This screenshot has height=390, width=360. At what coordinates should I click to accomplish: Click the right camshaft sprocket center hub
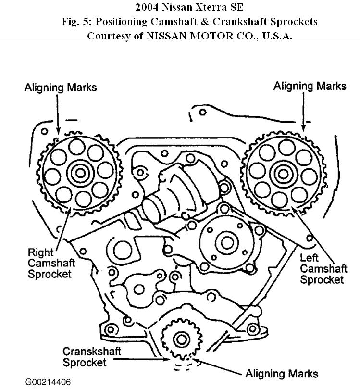(78, 172)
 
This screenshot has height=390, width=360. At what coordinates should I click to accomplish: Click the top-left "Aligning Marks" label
(61, 87)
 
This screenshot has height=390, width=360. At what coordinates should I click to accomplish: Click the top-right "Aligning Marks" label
(310, 86)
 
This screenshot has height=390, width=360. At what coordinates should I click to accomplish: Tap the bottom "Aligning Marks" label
(281, 373)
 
